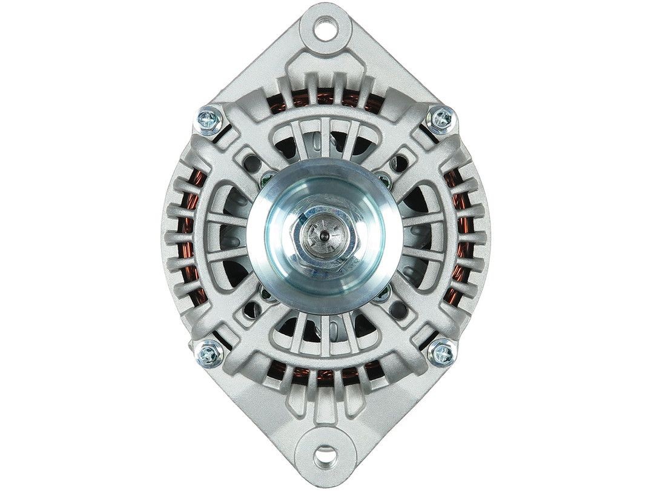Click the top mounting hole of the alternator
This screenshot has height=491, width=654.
click(327, 28)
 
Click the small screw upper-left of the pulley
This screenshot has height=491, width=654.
click(267, 178)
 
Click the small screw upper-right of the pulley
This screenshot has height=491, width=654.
click(382, 178)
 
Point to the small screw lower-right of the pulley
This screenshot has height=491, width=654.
click(382, 296)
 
